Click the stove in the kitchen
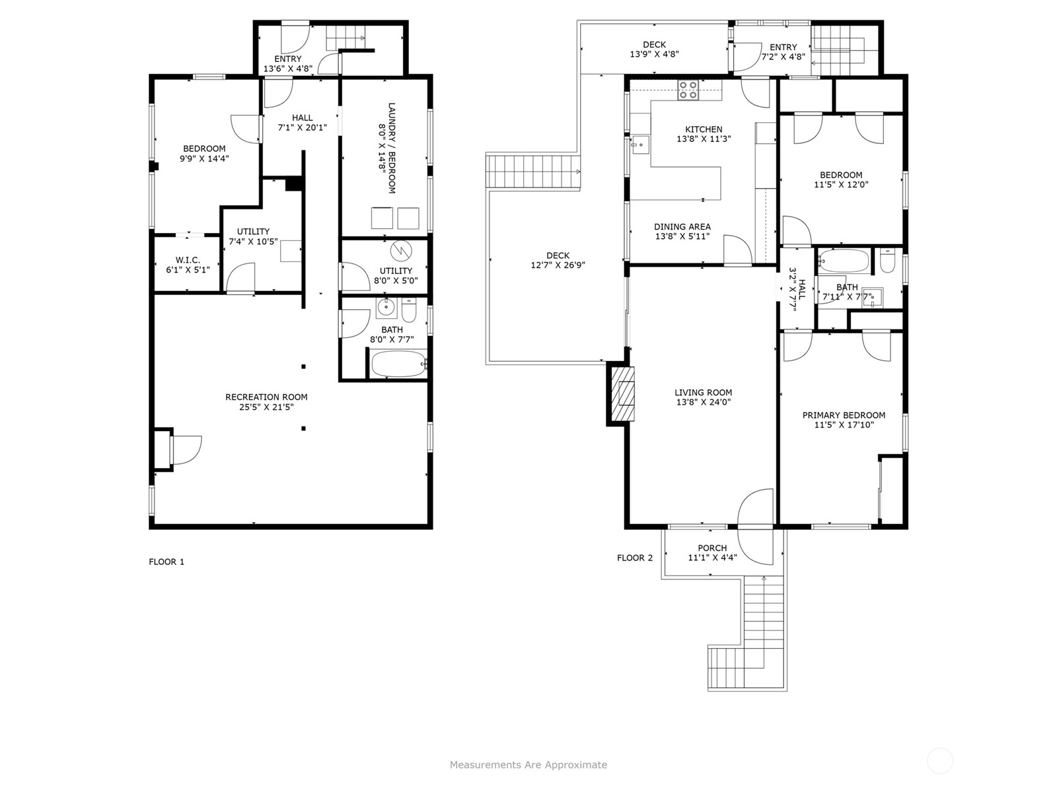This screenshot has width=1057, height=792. (688, 90)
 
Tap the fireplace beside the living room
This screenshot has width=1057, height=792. (622, 393)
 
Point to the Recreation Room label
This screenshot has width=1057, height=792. (266, 397)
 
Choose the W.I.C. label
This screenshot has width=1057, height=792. (188, 260)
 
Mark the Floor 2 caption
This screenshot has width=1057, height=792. (635, 558)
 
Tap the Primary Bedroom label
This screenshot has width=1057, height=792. (844, 415)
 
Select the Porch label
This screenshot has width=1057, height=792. (712, 548)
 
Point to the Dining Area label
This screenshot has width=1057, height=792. (682, 226)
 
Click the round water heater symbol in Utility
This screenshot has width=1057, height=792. (401, 251)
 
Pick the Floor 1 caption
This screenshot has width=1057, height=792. (166, 562)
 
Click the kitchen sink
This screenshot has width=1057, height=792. (640, 145)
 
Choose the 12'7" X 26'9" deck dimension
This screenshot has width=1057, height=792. (558, 265)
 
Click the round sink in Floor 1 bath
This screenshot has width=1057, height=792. (386, 308)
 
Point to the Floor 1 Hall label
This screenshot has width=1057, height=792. (303, 118)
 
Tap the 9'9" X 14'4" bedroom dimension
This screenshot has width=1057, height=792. (204, 158)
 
